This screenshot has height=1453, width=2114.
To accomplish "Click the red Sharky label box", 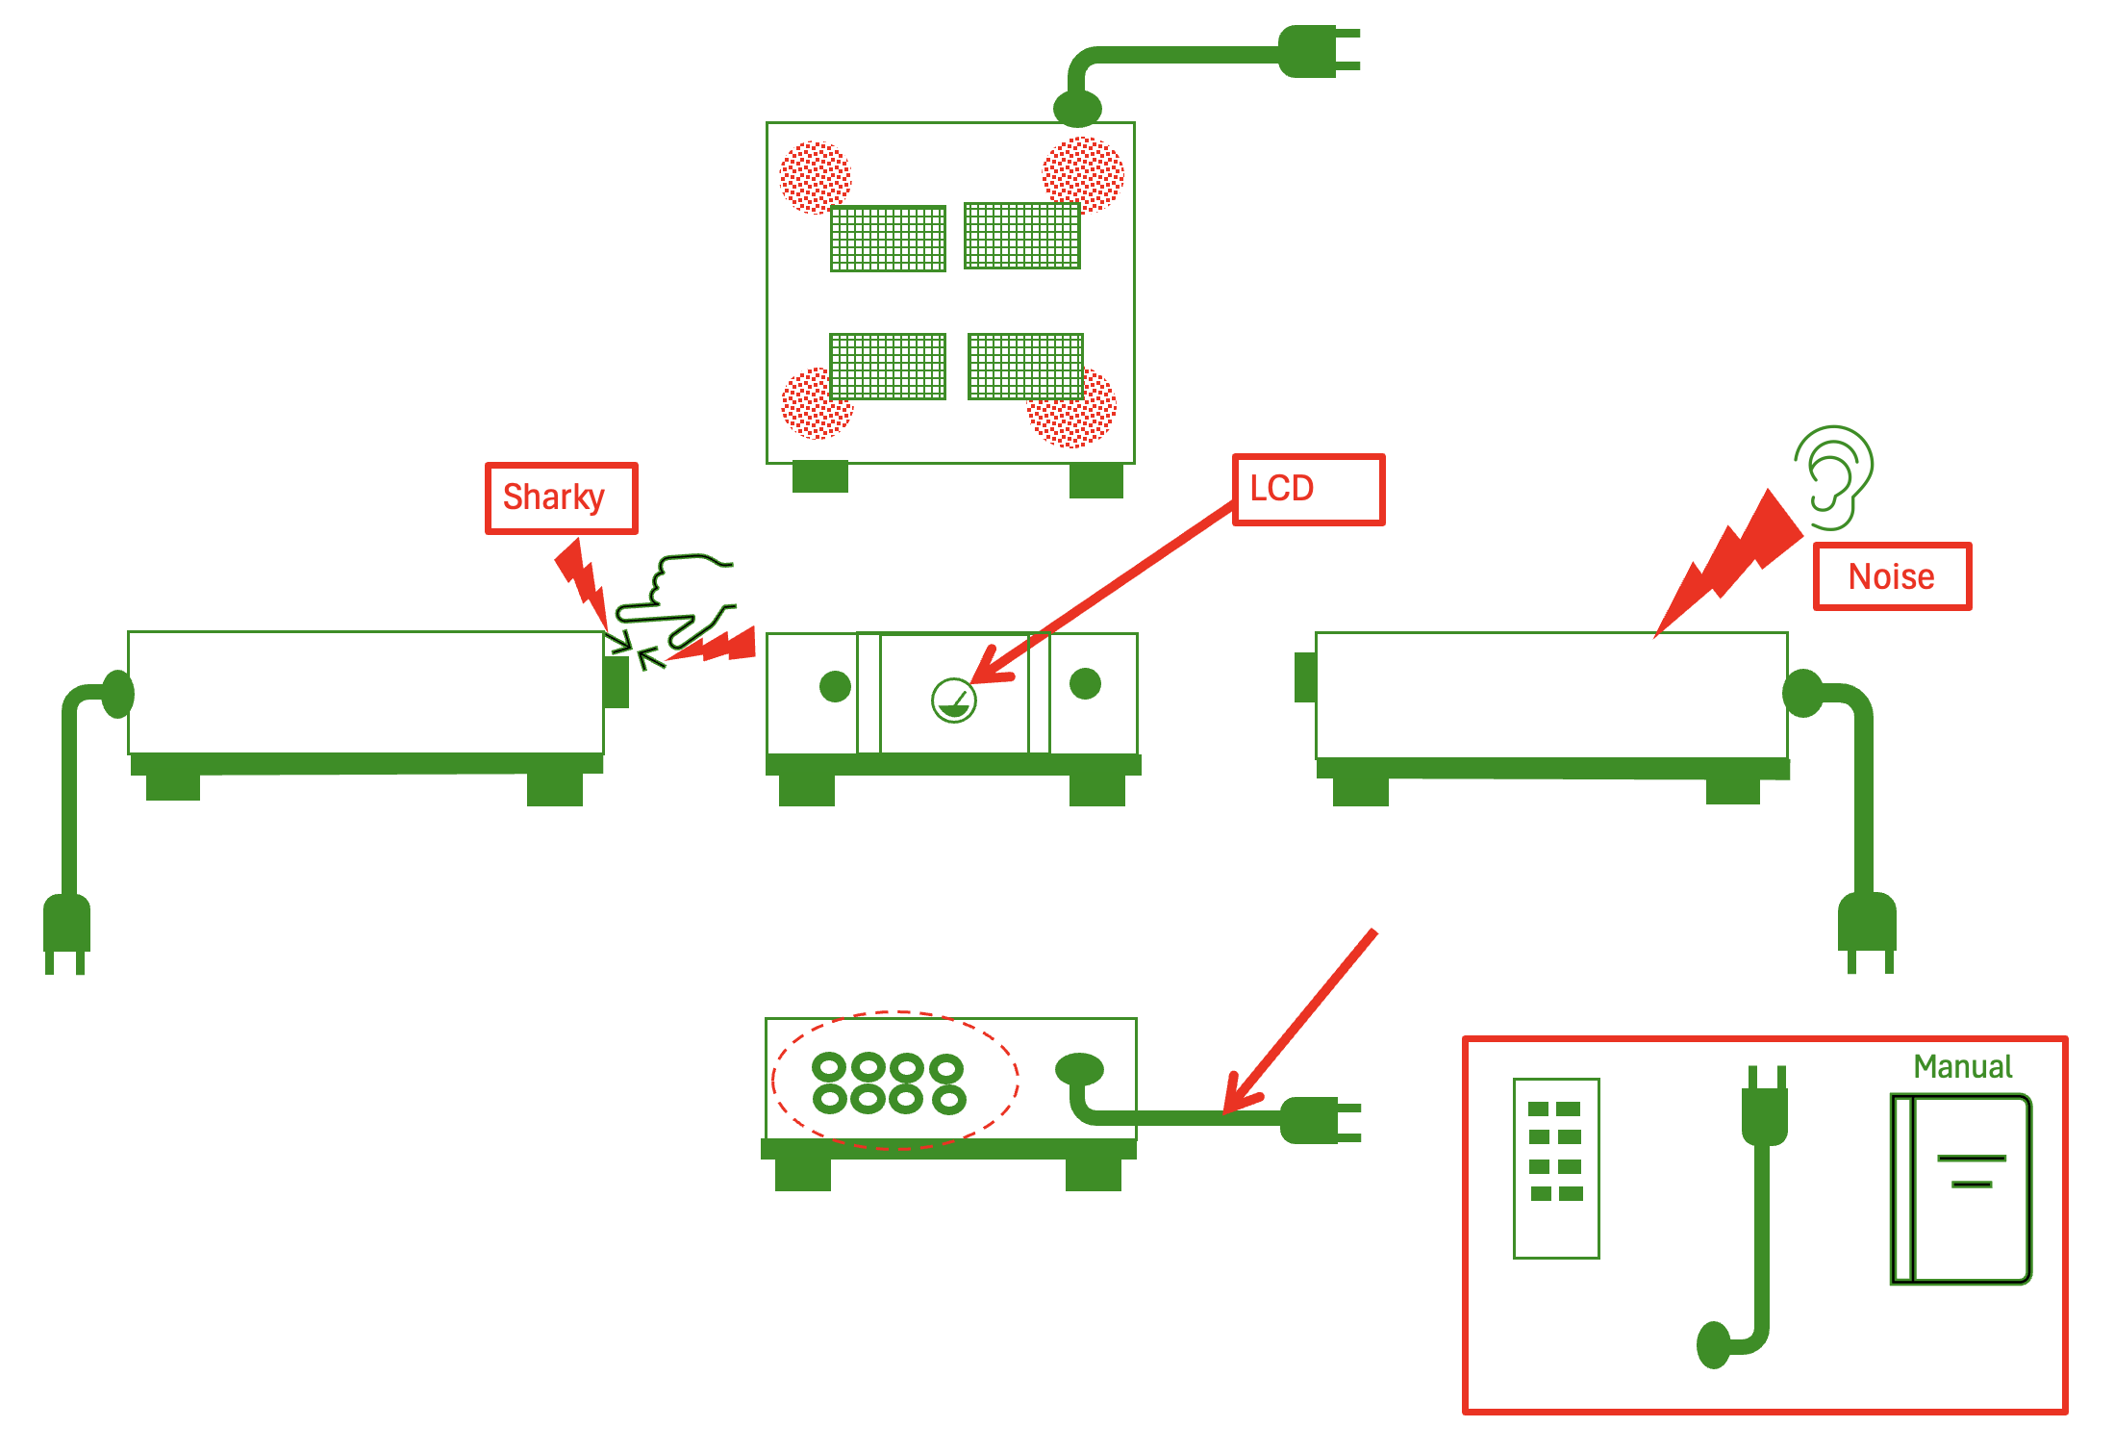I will pyautogui.click(x=561, y=497).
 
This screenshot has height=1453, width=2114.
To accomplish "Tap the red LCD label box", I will pyautogui.click(x=1308, y=489).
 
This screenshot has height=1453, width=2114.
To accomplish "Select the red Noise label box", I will pyautogui.click(x=1891, y=576).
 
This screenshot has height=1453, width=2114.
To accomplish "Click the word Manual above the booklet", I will pyautogui.click(x=1962, y=1066).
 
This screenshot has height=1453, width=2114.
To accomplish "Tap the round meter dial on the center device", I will pyautogui.click(x=953, y=700).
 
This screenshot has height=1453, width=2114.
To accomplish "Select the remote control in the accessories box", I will pyautogui.click(x=1555, y=1168).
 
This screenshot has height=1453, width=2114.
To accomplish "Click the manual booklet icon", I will pyautogui.click(x=1960, y=1188).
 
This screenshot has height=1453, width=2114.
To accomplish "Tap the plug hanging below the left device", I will pyautogui.click(x=66, y=929).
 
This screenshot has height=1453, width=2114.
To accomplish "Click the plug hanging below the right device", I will pyautogui.click(x=1867, y=929).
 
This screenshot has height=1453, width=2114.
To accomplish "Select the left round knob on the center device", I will pyautogui.click(x=835, y=686).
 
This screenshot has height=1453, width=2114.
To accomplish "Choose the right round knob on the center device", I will pyautogui.click(x=1085, y=683).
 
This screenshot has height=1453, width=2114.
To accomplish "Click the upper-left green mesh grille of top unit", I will pyautogui.click(x=888, y=239).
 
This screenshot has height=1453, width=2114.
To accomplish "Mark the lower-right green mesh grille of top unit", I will pyautogui.click(x=1025, y=367).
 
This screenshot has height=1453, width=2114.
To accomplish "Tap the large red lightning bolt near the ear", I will pyautogui.click(x=1731, y=563).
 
